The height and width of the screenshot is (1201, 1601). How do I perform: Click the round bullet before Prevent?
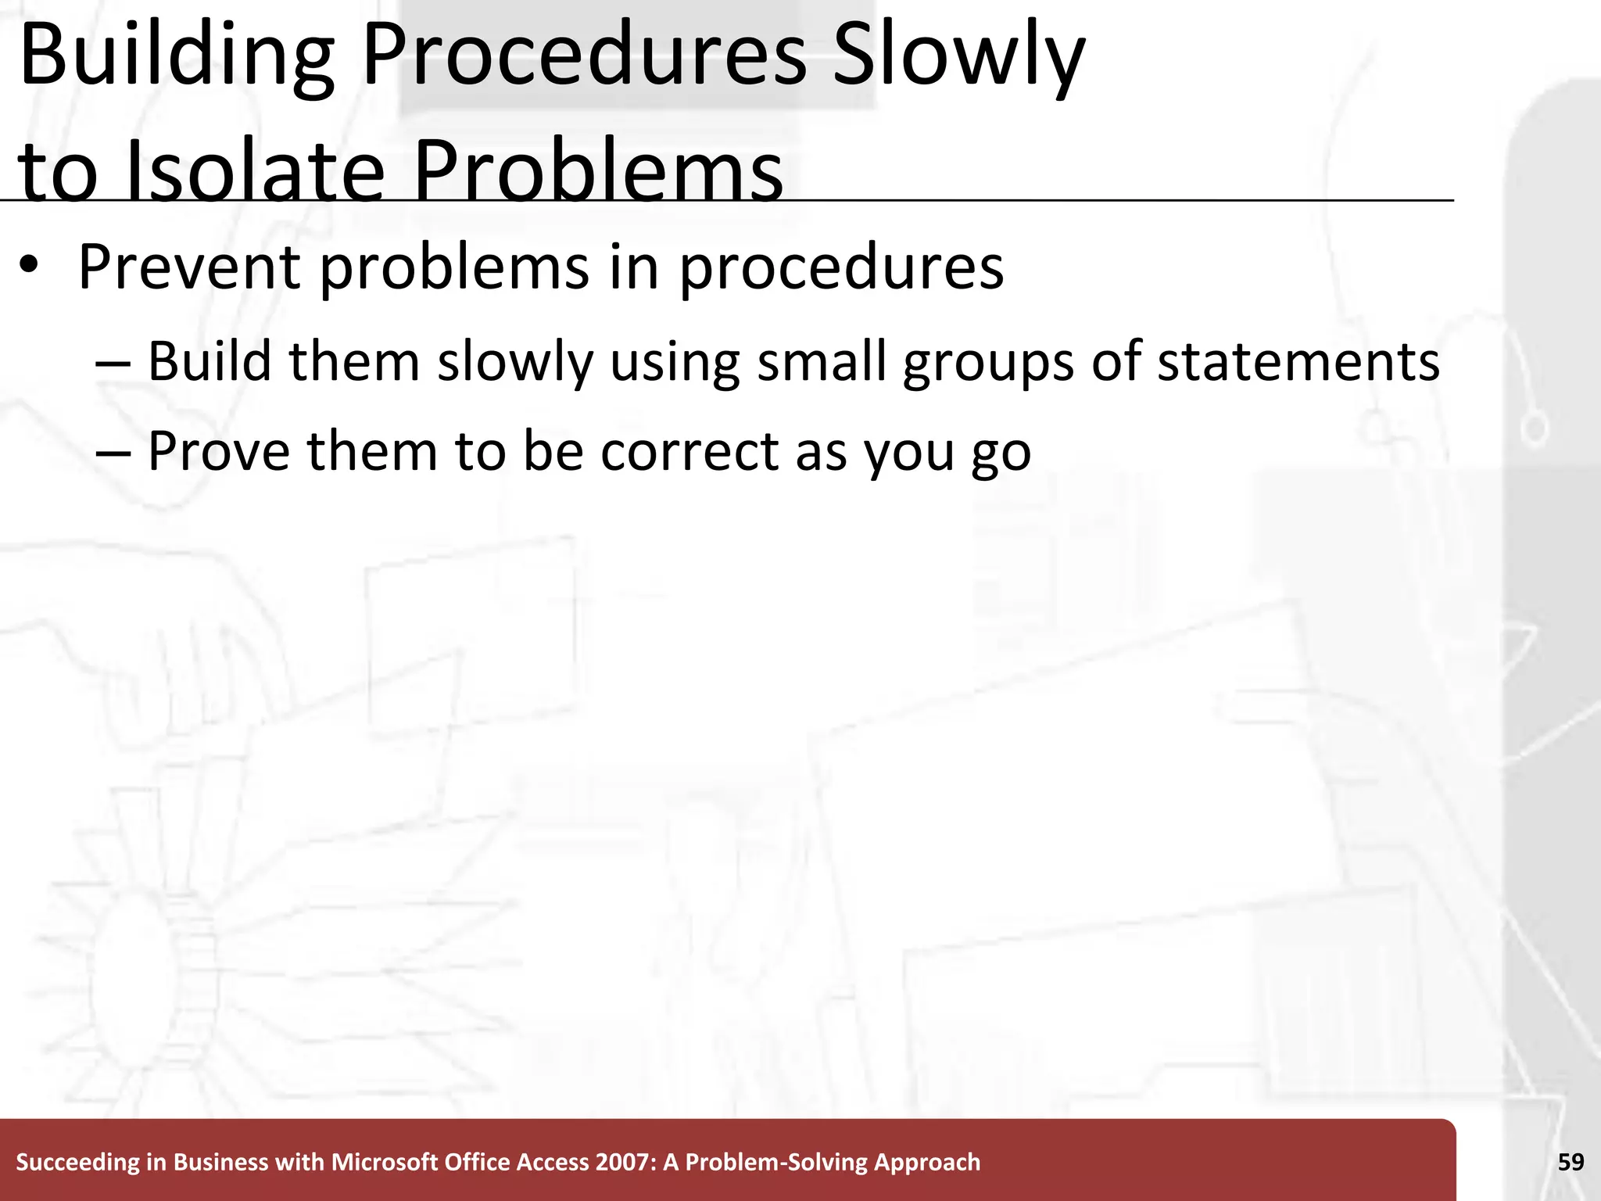[x=29, y=267]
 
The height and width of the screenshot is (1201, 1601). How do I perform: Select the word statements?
[x=1298, y=362]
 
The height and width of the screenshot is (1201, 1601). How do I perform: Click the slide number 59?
[x=1571, y=1163]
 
